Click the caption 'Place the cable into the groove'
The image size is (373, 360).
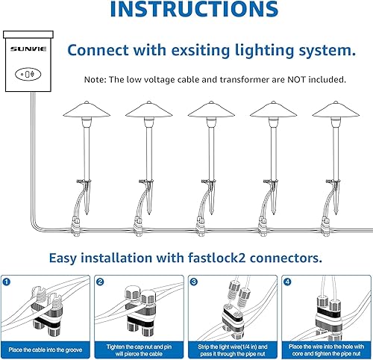point(47,349)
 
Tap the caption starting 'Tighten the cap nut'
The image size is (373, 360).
point(140,349)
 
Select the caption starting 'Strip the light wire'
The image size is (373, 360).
point(232,349)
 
